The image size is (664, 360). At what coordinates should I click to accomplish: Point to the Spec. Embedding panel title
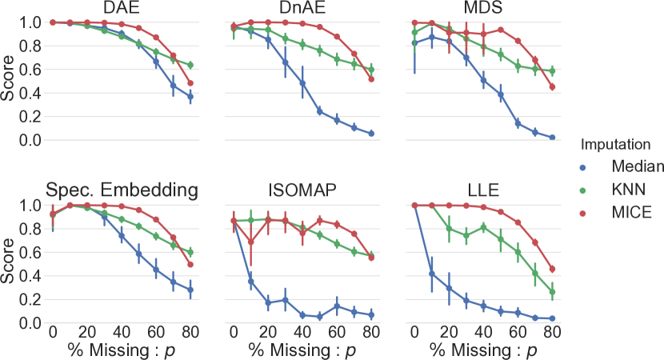[121, 191]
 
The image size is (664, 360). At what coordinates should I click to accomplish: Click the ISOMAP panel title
[302, 191]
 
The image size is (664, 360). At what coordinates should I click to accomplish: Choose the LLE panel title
[483, 191]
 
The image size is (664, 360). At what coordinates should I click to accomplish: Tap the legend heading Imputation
[614, 146]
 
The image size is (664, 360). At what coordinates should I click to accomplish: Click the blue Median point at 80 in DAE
[190, 97]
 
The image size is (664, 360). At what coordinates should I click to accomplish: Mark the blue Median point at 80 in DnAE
[371, 134]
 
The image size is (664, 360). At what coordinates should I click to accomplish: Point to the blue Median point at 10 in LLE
[432, 274]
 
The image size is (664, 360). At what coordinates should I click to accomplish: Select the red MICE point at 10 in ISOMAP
[250, 242]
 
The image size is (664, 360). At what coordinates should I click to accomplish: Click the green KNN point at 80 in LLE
[553, 292]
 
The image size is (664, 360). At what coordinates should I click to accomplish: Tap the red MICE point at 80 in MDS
[553, 87]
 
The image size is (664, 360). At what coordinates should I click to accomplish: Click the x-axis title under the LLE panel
[483, 350]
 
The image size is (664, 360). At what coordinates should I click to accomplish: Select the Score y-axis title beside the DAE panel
[8, 81]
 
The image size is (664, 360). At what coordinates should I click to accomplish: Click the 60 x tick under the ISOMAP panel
[337, 331]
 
